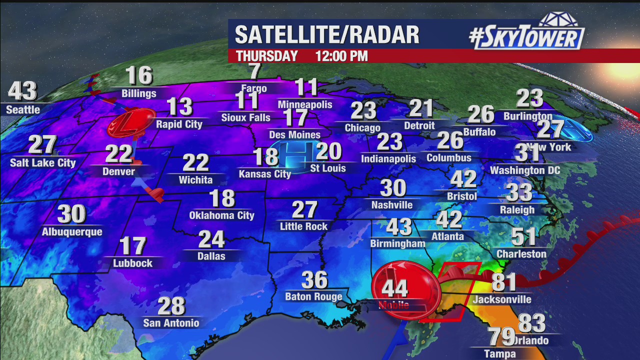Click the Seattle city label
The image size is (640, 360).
tap(23, 109)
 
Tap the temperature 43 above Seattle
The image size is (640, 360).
tap(22, 92)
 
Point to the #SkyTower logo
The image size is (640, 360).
tap(527, 35)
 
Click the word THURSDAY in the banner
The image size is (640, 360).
tap(266, 56)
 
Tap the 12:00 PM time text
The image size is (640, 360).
tap(341, 56)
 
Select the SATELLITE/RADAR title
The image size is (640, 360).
tap(327, 35)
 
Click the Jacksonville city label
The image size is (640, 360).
tap(501, 299)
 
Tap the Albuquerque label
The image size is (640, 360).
tap(72, 231)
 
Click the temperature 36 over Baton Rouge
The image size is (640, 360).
tap(314, 280)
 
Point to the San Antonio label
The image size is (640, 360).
tap(171, 323)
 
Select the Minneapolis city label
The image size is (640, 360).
tap(305, 104)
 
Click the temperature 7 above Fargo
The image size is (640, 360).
tap(255, 71)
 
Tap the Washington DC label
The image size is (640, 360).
tap(525, 170)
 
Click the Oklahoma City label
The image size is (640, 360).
tap(221, 215)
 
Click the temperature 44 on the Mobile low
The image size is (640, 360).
tap(395, 288)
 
